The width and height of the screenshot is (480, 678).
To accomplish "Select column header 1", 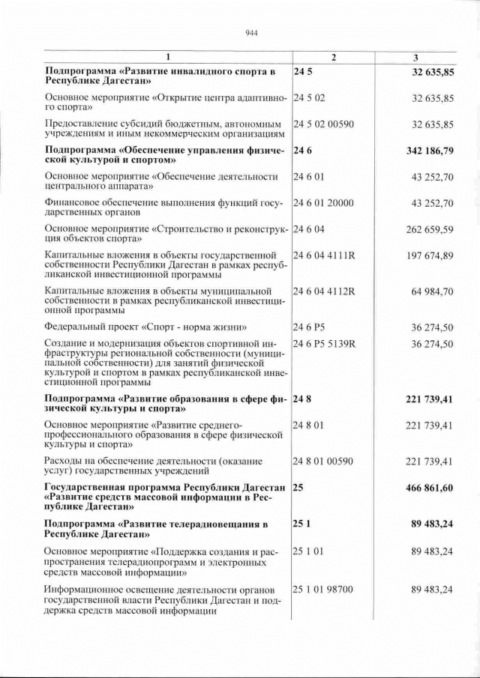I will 168,58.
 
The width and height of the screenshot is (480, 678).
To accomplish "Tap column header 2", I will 334,58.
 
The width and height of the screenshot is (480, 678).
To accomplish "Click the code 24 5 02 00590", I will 328,124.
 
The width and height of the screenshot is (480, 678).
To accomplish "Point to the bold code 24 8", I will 302,399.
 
